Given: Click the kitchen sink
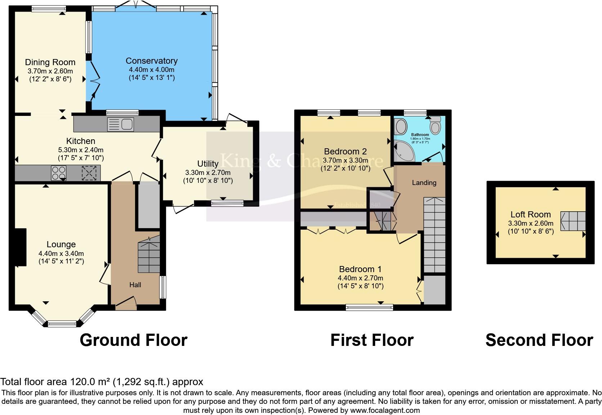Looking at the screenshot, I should [121, 125].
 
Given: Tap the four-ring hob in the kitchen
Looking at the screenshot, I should [59, 173].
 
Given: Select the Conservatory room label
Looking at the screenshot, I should [152, 61].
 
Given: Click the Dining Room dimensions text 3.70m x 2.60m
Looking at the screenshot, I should [50, 71].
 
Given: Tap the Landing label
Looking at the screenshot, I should [424, 182].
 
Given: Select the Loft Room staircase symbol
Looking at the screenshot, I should [572, 221].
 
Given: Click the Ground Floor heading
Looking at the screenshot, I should [133, 340].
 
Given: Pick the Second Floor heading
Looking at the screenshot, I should [539, 340].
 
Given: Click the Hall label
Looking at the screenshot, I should [135, 285].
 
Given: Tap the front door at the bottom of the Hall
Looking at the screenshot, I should [126, 304].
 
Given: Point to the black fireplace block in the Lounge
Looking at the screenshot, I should [20, 247].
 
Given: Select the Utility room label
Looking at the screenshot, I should [208, 164].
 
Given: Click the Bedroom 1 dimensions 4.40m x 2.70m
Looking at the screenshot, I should [360, 278].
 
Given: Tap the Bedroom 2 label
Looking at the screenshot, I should [345, 151].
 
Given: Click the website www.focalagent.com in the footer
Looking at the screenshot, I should [385, 410].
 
